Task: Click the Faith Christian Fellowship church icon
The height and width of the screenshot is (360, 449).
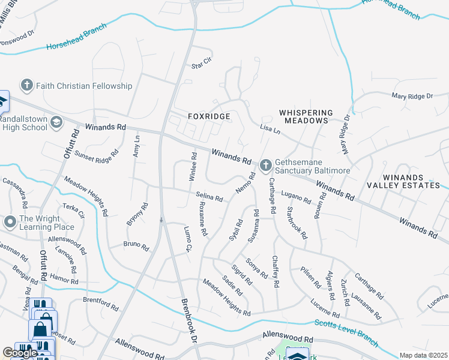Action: [x=26, y=86]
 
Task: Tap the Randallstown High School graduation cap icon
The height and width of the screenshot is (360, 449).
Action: [x=56, y=122]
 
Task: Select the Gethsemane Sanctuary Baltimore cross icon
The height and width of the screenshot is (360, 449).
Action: [x=266, y=164]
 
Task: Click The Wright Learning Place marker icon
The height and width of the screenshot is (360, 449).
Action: [x=10, y=223]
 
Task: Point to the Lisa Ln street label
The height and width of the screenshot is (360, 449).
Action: [x=270, y=130]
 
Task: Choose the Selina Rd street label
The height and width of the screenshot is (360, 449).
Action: [x=209, y=196]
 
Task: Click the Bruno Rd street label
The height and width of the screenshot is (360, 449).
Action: [x=136, y=244]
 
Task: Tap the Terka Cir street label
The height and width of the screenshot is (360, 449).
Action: [x=74, y=211]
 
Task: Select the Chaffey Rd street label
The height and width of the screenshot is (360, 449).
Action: [x=276, y=272]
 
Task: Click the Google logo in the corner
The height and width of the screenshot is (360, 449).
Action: [x=20, y=353]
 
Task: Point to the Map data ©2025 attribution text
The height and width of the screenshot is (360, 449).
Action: [x=423, y=355]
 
